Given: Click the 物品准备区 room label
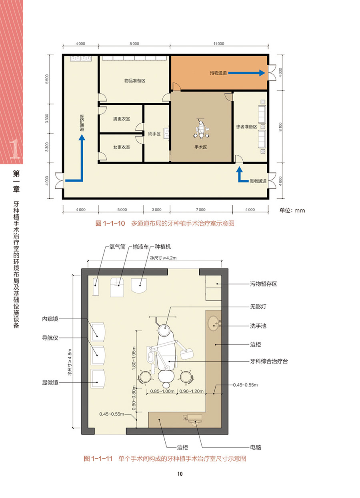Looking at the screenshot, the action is pyautogui.click(x=135, y=81).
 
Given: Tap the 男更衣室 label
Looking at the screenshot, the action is pyautogui.click(x=122, y=119).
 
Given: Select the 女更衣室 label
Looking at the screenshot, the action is pyautogui.click(x=122, y=147).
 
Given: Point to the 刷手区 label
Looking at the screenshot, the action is pyautogui.click(x=154, y=134).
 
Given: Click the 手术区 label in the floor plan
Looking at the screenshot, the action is pyautogui.click(x=200, y=147).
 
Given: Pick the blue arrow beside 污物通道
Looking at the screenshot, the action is pyautogui.click(x=246, y=73).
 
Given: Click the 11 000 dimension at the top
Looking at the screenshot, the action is pyautogui.click(x=219, y=44).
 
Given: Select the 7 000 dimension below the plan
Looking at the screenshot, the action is pyautogui.click(x=200, y=210).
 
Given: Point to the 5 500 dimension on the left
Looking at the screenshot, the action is pyautogui.click(x=47, y=79).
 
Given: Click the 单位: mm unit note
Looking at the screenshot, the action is pyautogui.click(x=292, y=210).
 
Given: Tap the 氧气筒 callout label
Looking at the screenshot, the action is pyautogui.click(x=118, y=247).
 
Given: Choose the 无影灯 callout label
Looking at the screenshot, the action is pyautogui.click(x=258, y=307).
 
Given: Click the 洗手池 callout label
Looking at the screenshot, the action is pyautogui.click(x=258, y=326).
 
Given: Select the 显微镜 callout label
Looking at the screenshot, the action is pyautogui.click(x=50, y=383).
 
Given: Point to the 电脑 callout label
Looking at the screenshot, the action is pyautogui.click(x=256, y=447).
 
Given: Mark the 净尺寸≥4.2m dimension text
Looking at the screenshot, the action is pyautogui.click(x=163, y=258).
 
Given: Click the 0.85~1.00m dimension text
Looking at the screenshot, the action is pyautogui.click(x=162, y=391).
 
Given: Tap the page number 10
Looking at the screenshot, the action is pyautogui.click(x=180, y=474).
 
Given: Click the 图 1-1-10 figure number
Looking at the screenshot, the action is pyautogui.click(x=110, y=224).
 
